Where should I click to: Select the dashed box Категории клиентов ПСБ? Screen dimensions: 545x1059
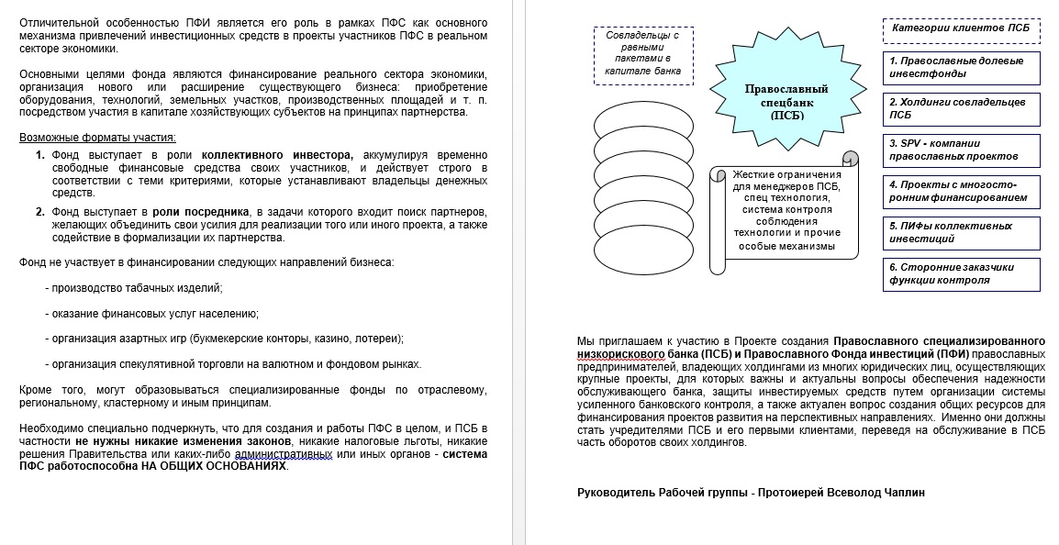pos(961,28)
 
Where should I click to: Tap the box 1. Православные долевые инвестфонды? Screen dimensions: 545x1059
pos(961,67)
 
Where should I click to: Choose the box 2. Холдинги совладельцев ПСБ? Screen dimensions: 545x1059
pos(961,108)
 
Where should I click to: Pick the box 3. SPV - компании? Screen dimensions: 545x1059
pos(961,150)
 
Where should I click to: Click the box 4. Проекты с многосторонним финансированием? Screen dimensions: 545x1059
pos(961,191)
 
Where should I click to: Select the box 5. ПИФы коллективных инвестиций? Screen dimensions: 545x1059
pos(961,232)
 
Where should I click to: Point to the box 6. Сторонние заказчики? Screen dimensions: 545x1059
pos(961,273)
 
